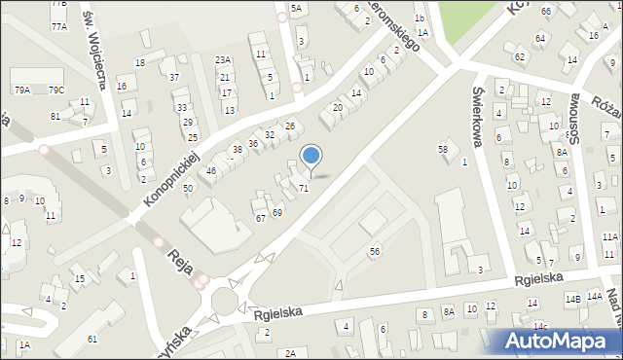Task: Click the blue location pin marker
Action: point(311,157)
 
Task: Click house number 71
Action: point(304,187)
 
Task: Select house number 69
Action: point(276,212)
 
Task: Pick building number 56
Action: point(374,251)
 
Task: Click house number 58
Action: point(443,149)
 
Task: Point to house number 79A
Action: point(22,90)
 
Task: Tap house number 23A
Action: point(223,60)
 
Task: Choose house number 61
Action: point(92,339)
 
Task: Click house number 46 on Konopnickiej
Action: point(210,171)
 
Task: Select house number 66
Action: point(546,11)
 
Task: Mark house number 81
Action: point(55,116)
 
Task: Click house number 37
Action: point(173,77)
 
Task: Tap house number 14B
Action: point(573,299)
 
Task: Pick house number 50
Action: point(188,187)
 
